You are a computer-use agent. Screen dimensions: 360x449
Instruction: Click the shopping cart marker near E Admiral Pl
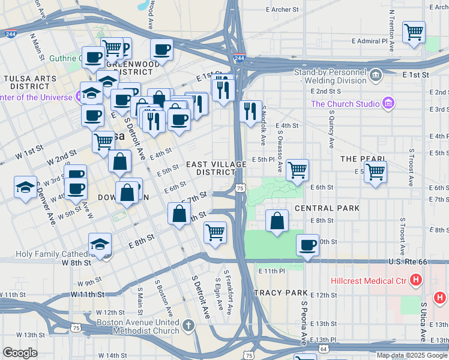coord(414,32)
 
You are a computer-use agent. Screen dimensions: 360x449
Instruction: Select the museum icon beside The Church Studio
coord(388,104)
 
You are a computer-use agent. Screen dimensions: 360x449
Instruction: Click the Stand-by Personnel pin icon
coord(376,75)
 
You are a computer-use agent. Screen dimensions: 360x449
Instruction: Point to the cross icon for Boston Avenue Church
coord(188,326)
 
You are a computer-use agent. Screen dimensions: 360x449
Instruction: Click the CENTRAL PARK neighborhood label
coord(327,208)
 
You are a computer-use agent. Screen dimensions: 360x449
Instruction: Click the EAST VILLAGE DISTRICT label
coord(216,168)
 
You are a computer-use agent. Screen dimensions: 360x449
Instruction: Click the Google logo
coord(20,353)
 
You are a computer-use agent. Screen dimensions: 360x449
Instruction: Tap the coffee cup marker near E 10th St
coord(307,245)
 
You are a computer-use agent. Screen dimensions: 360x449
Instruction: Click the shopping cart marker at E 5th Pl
coord(297,170)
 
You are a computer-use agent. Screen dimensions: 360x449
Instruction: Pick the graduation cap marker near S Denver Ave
coord(25,187)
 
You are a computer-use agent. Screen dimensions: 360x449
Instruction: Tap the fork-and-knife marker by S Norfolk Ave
coord(250,111)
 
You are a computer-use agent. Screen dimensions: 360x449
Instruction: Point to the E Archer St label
coord(282,10)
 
